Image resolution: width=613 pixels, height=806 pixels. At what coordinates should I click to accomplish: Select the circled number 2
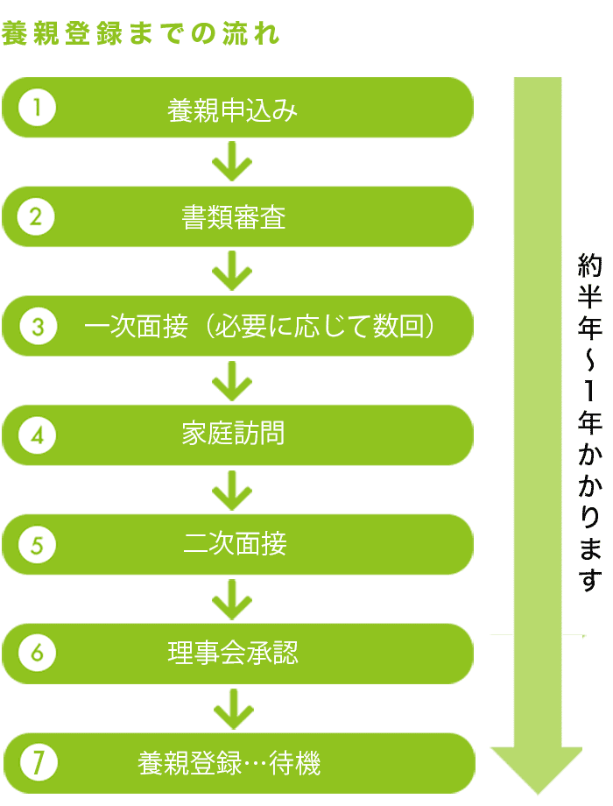(37, 217)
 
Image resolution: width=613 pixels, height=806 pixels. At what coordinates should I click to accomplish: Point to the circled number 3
(37, 327)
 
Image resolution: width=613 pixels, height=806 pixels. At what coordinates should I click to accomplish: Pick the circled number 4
(37, 435)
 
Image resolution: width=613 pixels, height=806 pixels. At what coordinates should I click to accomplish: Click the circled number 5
(37, 545)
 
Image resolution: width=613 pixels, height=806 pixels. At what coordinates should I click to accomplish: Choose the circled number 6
(37, 654)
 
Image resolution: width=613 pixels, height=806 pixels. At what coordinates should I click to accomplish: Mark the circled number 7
(37, 763)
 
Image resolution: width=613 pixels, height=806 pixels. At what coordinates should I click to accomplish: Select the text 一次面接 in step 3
(136, 328)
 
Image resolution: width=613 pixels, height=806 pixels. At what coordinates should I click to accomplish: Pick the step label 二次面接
(234, 546)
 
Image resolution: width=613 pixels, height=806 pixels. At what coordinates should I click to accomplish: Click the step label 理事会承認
(233, 654)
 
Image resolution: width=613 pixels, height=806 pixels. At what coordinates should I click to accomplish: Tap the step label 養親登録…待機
(229, 764)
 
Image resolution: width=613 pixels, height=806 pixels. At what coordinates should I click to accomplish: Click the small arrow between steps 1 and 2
(232, 163)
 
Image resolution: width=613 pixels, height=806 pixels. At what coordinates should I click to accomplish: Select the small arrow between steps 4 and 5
(232, 491)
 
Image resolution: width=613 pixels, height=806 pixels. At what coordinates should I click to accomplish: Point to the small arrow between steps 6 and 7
(232, 709)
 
